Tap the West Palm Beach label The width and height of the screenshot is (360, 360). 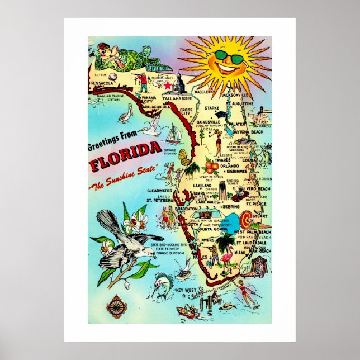point(252,231)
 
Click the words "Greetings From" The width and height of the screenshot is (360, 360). point(110,146)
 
